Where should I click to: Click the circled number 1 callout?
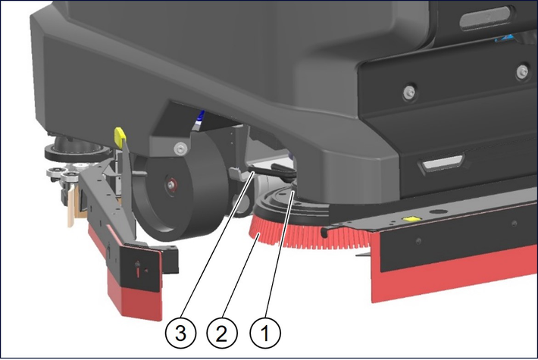(x=265, y=333)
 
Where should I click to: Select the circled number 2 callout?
(x=222, y=333)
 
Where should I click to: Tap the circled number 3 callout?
(x=181, y=333)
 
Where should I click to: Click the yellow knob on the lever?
(x=120, y=136)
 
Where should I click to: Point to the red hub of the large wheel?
(x=170, y=184)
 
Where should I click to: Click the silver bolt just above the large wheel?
(x=180, y=149)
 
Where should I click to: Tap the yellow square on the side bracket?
(x=411, y=218)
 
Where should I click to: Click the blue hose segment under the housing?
(x=199, y=119)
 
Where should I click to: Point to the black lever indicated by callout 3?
(x=271, y=171)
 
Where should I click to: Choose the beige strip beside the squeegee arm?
(x=71, y=207)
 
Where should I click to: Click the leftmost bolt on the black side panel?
(x=409, y=92)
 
